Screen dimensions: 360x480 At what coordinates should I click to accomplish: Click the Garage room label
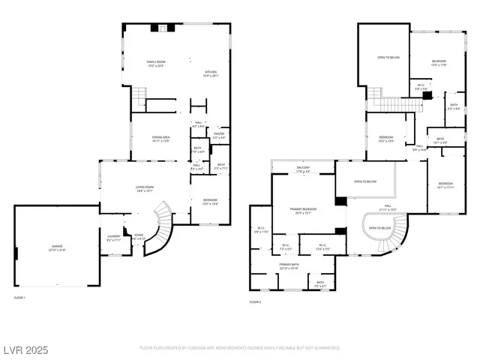click(58, 247)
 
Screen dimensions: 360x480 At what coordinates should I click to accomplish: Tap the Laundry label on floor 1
click(114, 238)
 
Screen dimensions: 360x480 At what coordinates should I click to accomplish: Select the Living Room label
click(144, 189)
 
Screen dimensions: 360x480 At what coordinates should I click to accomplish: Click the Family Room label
click(156, 64)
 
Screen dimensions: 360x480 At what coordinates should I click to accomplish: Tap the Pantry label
click(218, 136)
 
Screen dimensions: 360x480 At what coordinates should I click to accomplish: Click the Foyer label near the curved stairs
click(138, 237)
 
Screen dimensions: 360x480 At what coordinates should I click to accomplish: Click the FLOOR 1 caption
click(20, 298)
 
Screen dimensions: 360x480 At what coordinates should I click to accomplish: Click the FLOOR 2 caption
click(256, 302)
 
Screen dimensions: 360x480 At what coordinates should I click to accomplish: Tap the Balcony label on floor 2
click(302, 170)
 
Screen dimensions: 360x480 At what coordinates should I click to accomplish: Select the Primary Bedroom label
click(303, 211)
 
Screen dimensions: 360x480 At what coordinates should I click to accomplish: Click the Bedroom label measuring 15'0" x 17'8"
click(438, 63)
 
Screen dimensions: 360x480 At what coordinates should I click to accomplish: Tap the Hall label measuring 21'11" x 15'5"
click(388, 207)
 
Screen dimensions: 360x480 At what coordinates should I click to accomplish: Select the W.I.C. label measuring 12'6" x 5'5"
click(321, 247)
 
